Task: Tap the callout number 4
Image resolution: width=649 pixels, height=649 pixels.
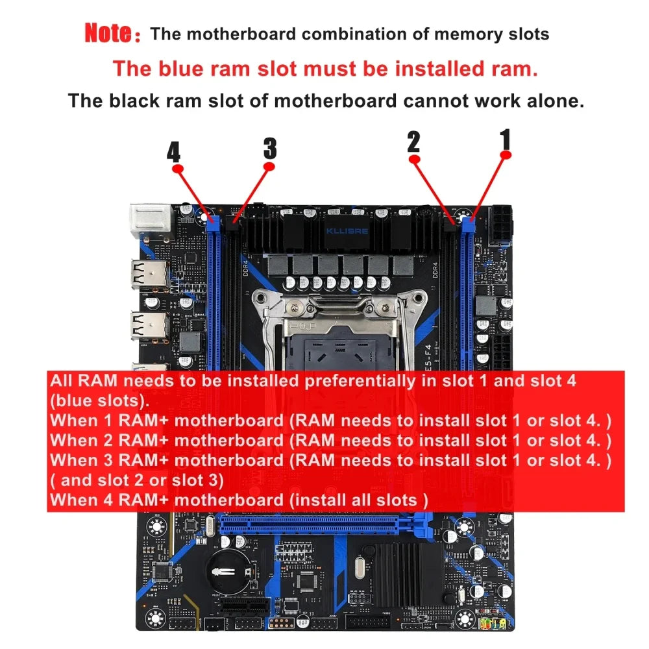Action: [x=173, y=153]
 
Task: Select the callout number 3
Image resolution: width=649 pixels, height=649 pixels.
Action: [x=270, y=149]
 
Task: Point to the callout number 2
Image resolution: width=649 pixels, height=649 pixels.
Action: [x=414, y=142]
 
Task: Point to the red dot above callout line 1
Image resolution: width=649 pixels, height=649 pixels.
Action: [x=507, y=154]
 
